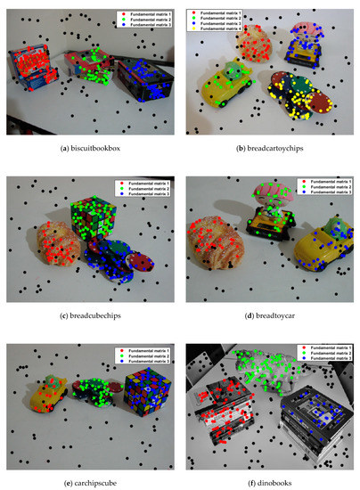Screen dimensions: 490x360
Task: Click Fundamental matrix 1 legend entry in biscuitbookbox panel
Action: (147, 14)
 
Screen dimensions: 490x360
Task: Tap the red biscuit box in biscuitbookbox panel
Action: (32, 69)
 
